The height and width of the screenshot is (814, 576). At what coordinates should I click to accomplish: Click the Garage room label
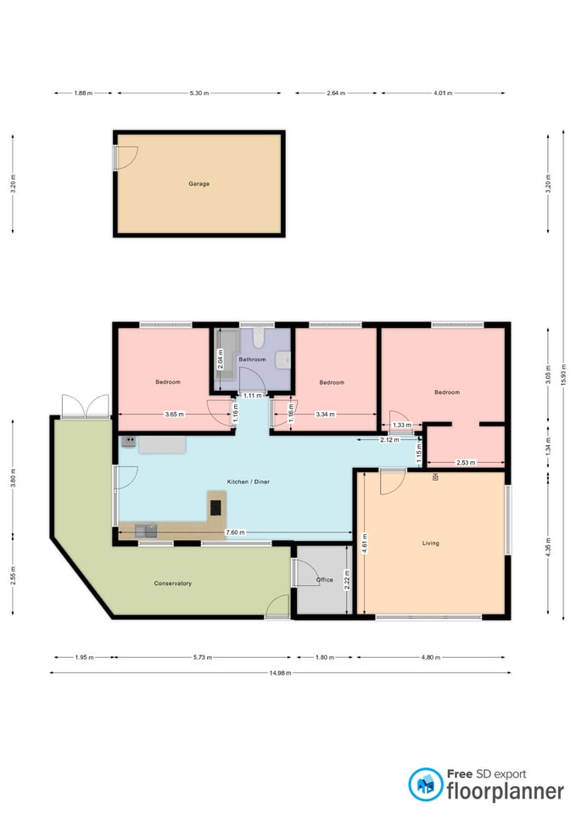[x=199, y=184]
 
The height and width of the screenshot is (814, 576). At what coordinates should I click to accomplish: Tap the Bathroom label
[x=252, y=360]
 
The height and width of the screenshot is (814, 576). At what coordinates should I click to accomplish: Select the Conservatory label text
[x=172, y=583]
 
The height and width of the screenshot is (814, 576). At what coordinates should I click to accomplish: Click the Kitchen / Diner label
[x=249, y=482]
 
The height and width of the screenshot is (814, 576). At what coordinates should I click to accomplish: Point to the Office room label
[x=325, y=580]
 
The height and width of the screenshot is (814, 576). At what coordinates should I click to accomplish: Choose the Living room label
[x=431, y=543]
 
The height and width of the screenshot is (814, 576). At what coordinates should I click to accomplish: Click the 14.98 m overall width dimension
[x=280, y=672]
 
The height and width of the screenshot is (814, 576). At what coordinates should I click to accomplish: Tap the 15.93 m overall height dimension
[x=563, y=374]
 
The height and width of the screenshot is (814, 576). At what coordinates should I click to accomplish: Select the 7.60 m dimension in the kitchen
[x=235, y=532]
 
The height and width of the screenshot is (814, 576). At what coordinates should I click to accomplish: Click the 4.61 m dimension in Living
[x=365, y=543]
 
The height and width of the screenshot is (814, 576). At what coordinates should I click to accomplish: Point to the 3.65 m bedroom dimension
[x=174, y=415]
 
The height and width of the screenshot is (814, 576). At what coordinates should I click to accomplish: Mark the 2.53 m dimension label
[x=466, y=462]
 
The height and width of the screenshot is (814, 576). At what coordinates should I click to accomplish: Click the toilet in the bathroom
[x=258, y=338]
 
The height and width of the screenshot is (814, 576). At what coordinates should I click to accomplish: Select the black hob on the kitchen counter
[x=215, y=507]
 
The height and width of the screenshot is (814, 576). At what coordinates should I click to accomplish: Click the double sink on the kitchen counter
[x=146, y=530]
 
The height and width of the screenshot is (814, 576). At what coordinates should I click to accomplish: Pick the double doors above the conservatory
[x=85, y=405]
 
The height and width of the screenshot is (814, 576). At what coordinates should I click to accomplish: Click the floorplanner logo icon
[x=425, y=783]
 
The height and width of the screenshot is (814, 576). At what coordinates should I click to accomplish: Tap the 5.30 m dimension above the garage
[x=199, y=93]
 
